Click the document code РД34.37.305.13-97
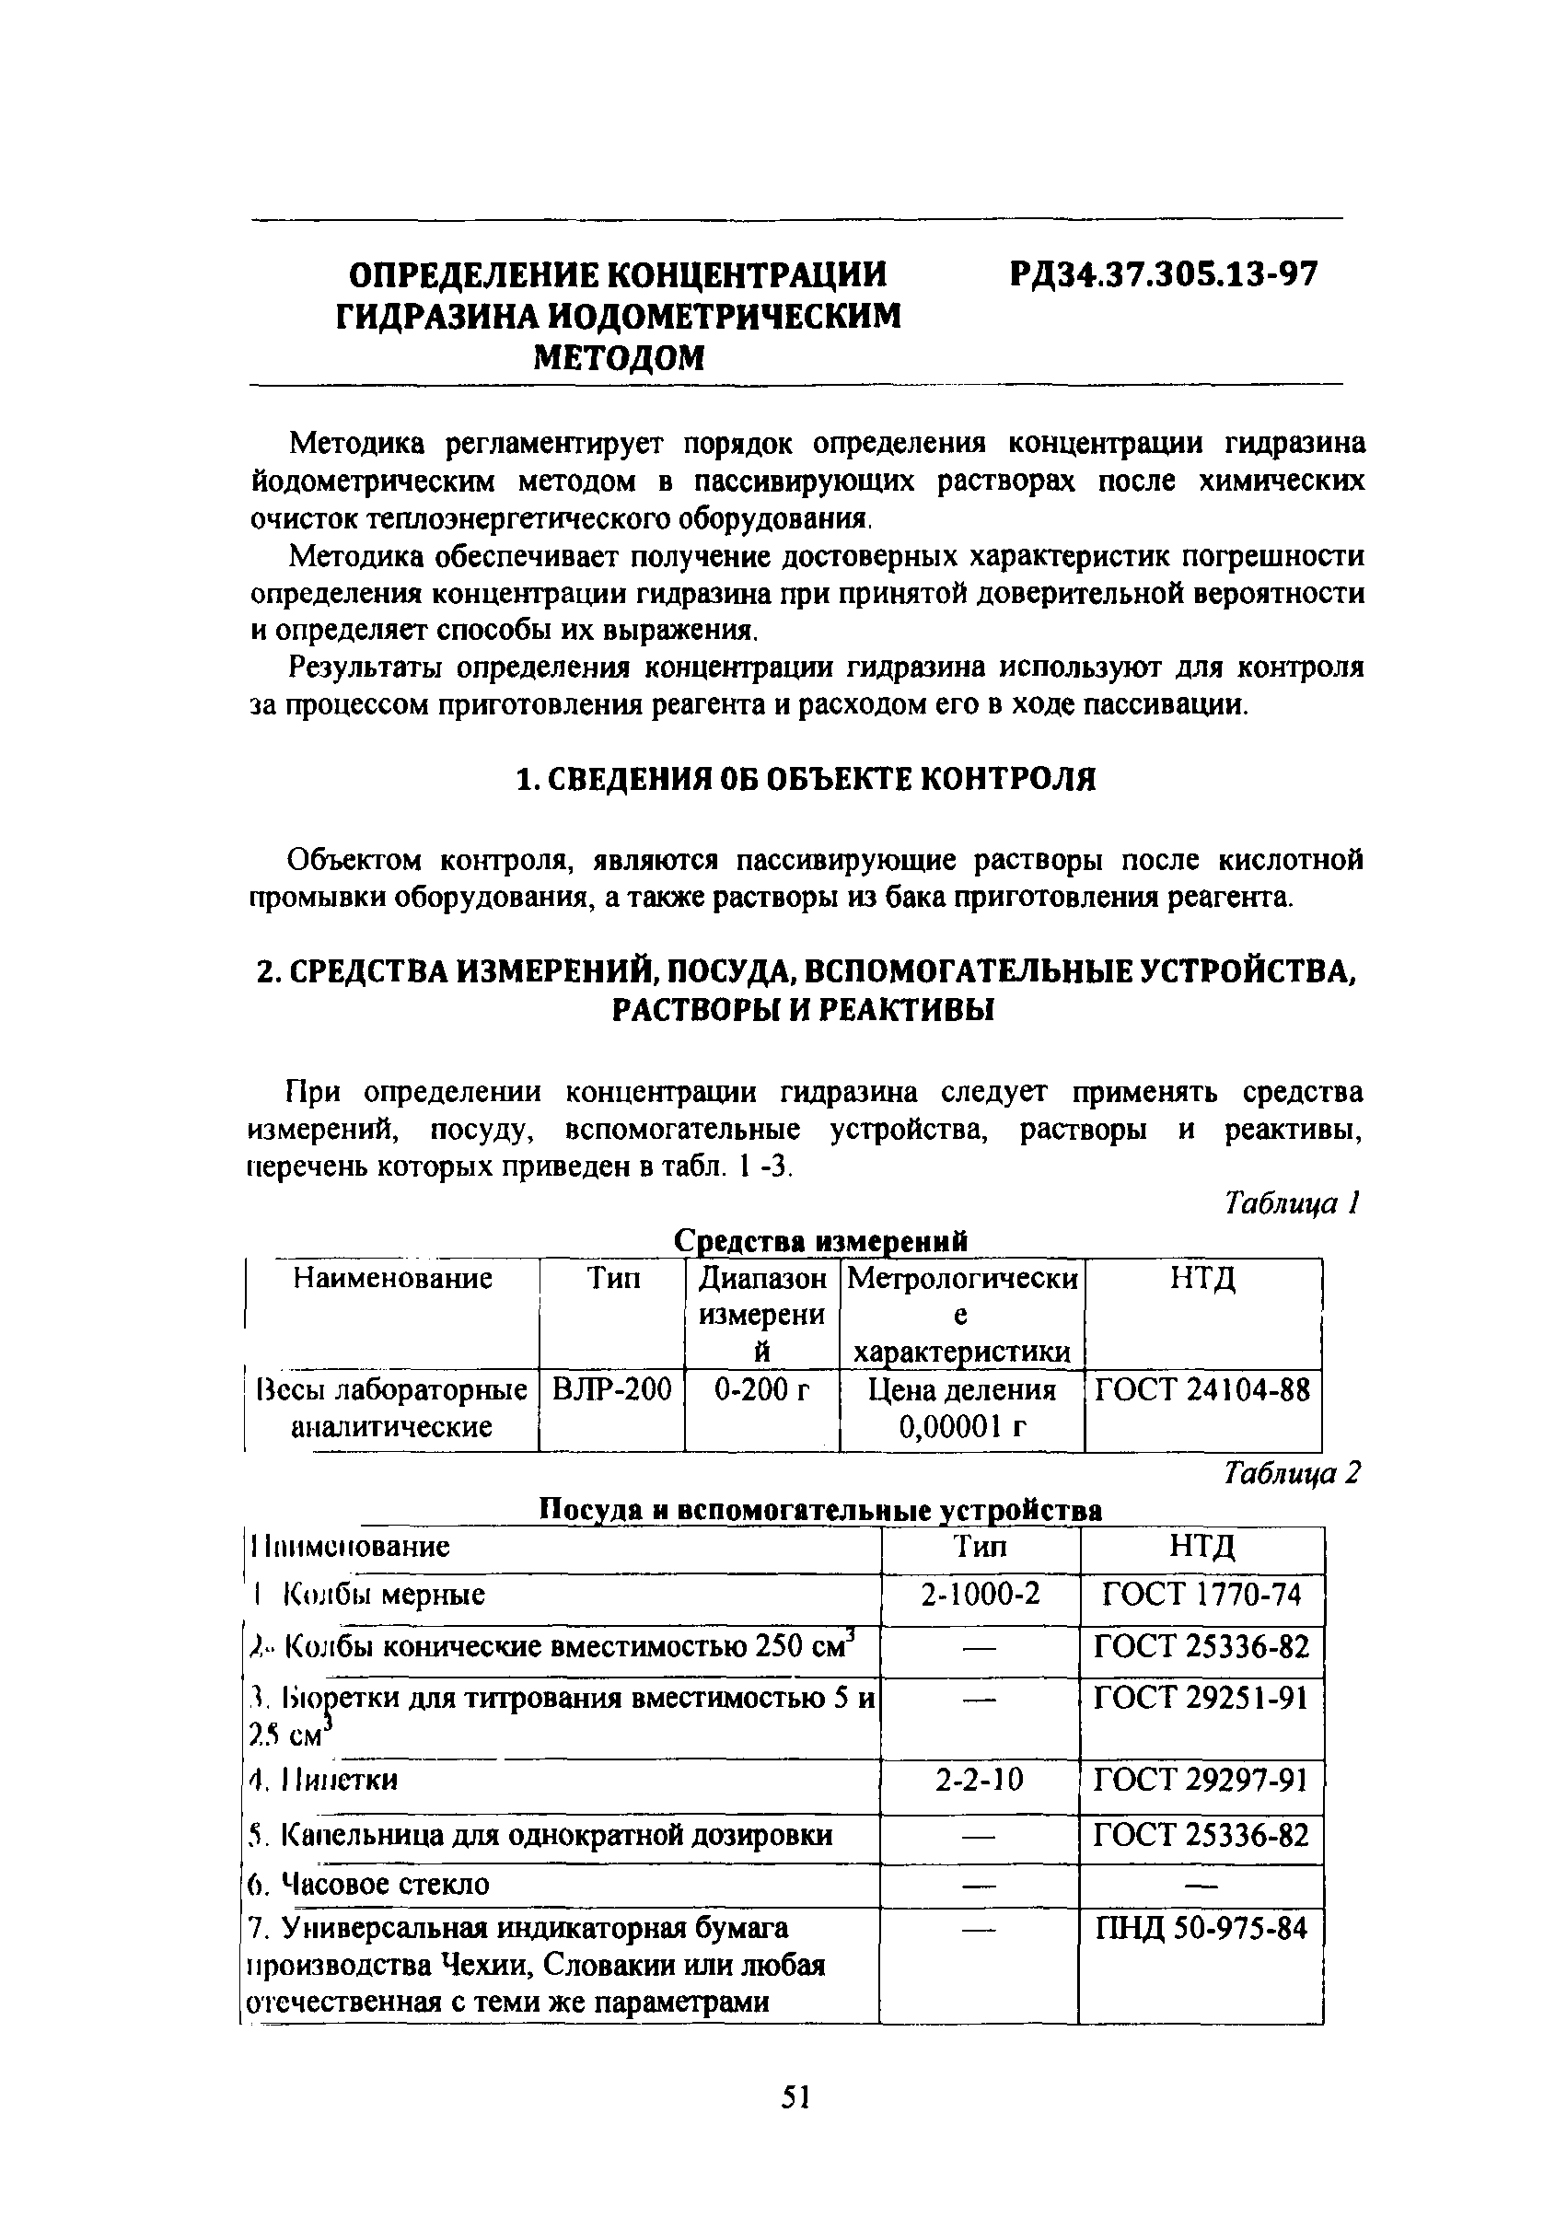[x=1163, y=274]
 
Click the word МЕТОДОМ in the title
[x=620, y=358]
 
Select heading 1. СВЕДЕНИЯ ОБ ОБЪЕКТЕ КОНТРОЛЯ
[x=805, y=779]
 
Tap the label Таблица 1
[x=1293, y=1204]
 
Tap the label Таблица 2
[x=1292, y=1474]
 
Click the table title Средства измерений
[x=820, y=1240]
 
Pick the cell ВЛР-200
[x=611, y=1390]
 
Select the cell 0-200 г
[x=762, y=1390]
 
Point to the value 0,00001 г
[x=961, y=1426]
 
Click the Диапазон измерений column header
[x=762, y=1315]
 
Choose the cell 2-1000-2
[x=980, y=1594]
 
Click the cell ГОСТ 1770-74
[x=1201, y=1594]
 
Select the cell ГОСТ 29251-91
[x=1201, y=1697]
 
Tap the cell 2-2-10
[x=980, y=1780]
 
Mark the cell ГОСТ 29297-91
[x=1201, y=1780]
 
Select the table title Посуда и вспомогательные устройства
[x=820, y=1510]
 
